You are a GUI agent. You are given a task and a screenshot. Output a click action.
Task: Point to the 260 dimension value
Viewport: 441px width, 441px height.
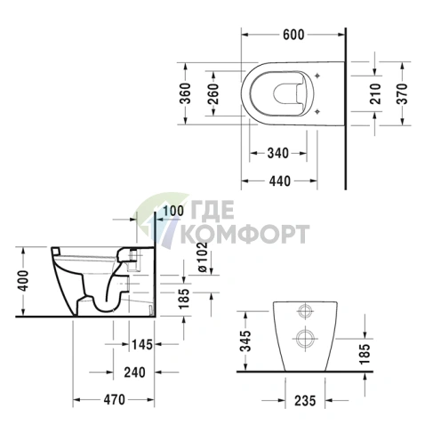214,93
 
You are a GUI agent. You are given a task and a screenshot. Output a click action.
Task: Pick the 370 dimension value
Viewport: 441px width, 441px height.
401,93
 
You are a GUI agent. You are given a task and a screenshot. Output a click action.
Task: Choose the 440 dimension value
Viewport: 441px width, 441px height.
278,180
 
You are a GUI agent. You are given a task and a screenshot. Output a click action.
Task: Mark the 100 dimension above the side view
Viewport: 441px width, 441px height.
173,210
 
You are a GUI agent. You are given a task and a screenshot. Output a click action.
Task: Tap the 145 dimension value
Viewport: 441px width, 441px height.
140,343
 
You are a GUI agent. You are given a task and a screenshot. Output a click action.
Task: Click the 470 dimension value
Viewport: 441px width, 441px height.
114,401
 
